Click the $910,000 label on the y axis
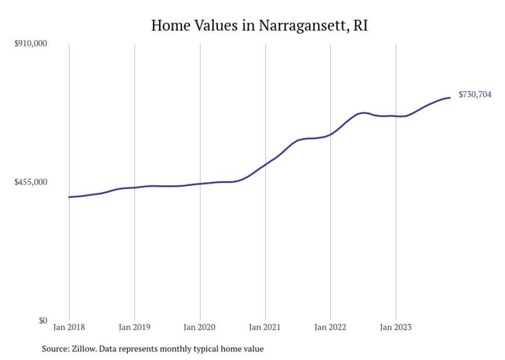(x=30, y=44)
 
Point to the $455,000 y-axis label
(x=30, y=182)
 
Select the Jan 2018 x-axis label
(x=69, y=327)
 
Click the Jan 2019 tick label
(x=134, y=327)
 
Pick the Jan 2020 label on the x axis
(x=200, y=327)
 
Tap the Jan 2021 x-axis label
(x=265, y=327)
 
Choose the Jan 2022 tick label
(x=330, y=327)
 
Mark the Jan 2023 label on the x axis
(x=396, y=327)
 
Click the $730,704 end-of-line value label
(x=475, y=95)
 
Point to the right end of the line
(x=450, y=98)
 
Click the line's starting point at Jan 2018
(x=69, y=197)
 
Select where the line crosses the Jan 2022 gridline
(x=330, y=134)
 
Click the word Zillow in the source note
(x=85, y=349)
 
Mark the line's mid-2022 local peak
(x=363, y=113)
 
